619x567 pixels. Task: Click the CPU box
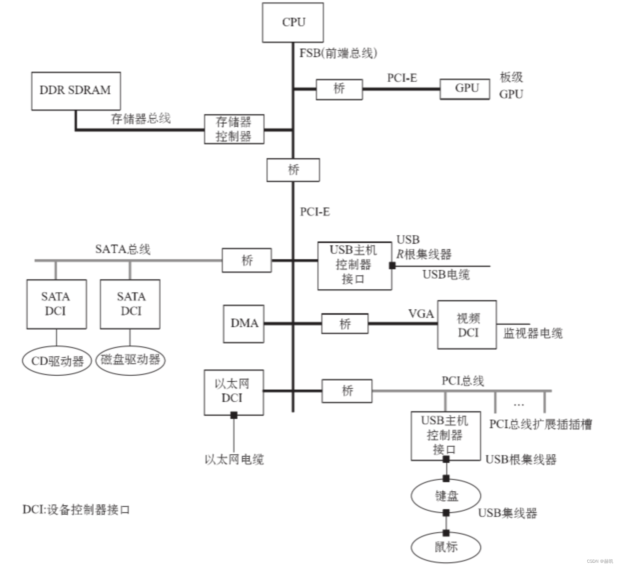pyautogui.click(x=293, y=22)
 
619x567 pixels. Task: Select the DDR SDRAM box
pyautogui.click(x=76, y=91)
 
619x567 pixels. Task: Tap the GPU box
pyautogui.click(x=465, y=89)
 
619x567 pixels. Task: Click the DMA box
pyautogui.click(x=244, y=324)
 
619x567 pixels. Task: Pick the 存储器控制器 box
pyautogui.click(x=234, y=129)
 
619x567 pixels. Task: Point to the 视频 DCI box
pyautogui.click(x=467, y=325)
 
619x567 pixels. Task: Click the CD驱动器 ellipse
pyautogui.click(x=57, y=361)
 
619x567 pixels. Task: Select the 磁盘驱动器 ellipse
pyautogui.click(x=130, y=360)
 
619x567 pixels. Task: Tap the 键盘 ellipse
pyautogui.click(x=446, y=496)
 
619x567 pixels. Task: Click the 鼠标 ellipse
pyautogui.click(x=446, y=547)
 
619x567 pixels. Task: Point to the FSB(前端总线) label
pyautogui.click(x=338, y=53)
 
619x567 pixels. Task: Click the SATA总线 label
pyautogui.click(x=123, y=249)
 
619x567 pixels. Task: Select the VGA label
pyautogui.click(x=421, y=314)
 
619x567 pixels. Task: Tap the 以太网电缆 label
pyautogui.click(x=234, y=460)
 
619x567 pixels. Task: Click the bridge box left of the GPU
pyautogui.click(x=339, y=89)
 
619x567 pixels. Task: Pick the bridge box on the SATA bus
pyautogui.click(x=247, y=260)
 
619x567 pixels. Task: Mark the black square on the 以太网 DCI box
pyautogui.click(x=234, y=415)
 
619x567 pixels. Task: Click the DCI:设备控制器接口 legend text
pyautogui.click(x=76, y=510)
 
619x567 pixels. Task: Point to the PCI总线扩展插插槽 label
pyautogui.click(x=540, y=424)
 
